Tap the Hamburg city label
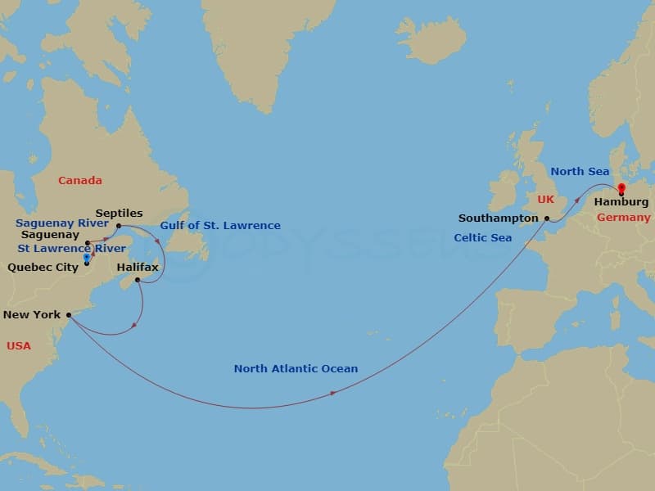[x=621, y=202]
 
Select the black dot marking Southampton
[x=546, y=218]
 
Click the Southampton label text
[x=498, y=218]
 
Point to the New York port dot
[x=69, y=314]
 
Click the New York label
[x=32, y=314]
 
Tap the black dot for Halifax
[x=138, y=281]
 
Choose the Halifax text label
[x=138, y=268]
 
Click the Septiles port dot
[x=118, y=226]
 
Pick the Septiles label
[x=119, y=213]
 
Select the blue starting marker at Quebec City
[x=87, y=257]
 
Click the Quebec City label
[x=43, y=267]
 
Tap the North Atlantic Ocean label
[x=296, y=368]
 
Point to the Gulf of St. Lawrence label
[x=219, y=226]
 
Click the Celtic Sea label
[x=482, y=238]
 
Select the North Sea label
[x=580, y=172]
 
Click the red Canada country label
[x=80, y=180]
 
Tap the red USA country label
[x=19, y=346]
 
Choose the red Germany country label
[x=624, y=218]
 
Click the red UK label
[x=546, y=200]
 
